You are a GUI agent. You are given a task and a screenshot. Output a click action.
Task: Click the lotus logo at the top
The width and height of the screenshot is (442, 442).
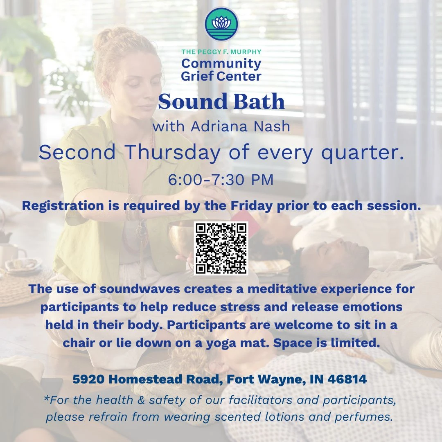(x=221, y=24)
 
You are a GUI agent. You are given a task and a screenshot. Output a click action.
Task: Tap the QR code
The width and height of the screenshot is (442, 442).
(x=221, y=248)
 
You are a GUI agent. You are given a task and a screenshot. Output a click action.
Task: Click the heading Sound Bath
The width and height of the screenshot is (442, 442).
(x=221, y=101)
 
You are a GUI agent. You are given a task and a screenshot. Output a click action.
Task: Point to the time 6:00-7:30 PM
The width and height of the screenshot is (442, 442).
(x=221, y=180)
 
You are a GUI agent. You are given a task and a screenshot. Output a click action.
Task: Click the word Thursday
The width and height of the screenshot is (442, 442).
(x=173, y=153)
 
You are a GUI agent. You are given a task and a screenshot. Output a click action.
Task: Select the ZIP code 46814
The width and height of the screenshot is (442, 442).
(x=347, y=379)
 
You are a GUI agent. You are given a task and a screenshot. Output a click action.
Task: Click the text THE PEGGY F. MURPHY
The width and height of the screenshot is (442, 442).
(x=221, y=52)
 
